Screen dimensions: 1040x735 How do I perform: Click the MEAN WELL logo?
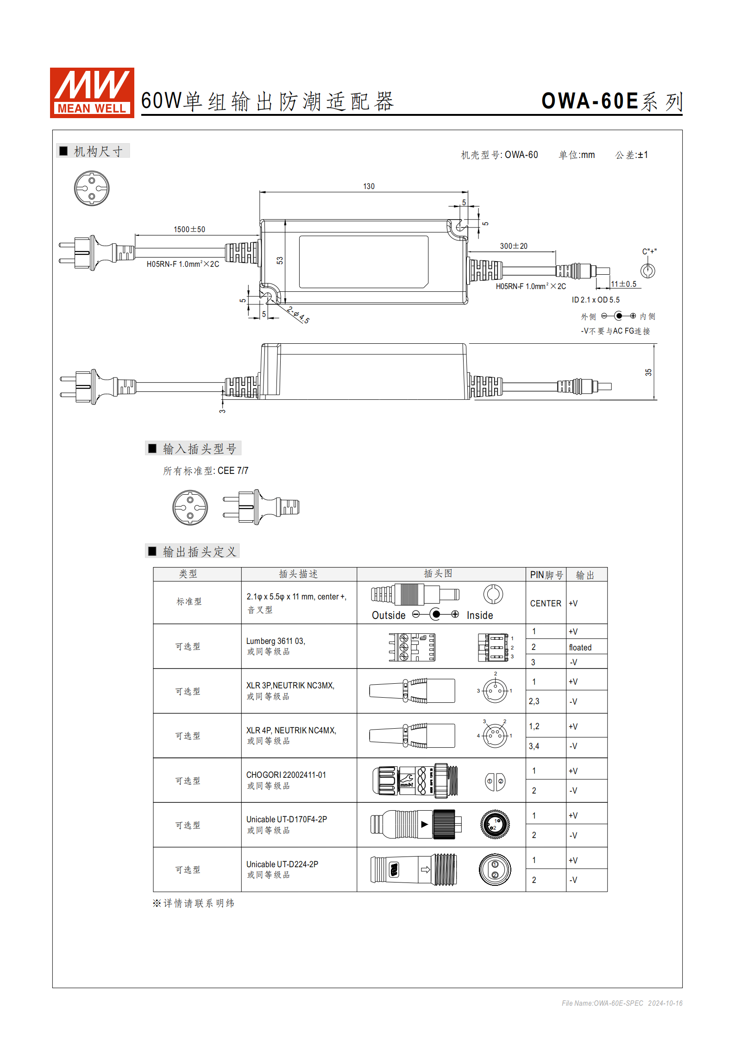(92, 93)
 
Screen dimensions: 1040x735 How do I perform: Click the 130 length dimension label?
(369, 186)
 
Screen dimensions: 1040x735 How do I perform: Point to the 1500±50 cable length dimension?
(189, 229)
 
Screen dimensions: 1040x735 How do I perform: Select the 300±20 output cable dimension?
(513, 246)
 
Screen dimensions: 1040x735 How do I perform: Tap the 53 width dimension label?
(280, 260)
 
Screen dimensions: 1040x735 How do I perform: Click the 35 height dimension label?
(648, 372)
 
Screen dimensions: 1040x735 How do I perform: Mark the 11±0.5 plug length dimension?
(623, 284)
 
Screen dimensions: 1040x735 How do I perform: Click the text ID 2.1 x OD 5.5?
(595, 300)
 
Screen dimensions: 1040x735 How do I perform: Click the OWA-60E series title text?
(611, 101)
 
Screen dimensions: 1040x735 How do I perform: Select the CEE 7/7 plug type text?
(233, 471)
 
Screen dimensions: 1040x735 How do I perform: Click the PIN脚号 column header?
(546, 575)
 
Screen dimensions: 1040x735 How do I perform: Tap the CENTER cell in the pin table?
(546, 603)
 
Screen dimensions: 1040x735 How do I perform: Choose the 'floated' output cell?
(580, 647)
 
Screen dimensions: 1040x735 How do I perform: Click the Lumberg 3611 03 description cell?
(276, 641)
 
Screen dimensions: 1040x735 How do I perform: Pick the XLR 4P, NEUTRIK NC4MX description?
(291, 731)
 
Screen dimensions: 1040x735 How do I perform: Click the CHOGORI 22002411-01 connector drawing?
(415, 781)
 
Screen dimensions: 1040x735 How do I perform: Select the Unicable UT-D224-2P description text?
(282, 864)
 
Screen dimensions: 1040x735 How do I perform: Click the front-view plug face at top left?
(92, 189)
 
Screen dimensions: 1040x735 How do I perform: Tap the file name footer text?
(622, 1003)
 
